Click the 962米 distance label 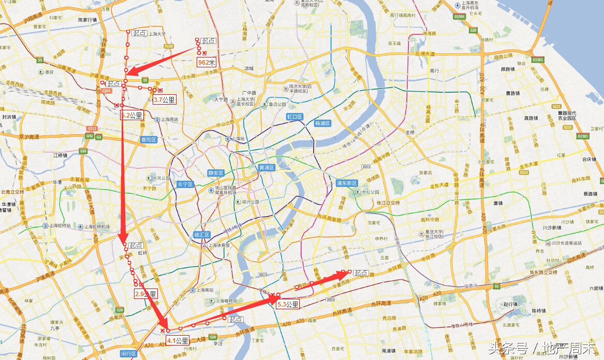coord(206,62)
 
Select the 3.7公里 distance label coord(165,100)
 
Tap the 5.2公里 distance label coord(132,116)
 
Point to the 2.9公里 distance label coord(145,294)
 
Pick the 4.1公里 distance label coord(178,340)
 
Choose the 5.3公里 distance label coord(288,304)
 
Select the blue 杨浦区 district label coord(322,123)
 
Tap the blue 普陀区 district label coord(149,139)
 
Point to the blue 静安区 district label coord(215,173)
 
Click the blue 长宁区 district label coord(185,184)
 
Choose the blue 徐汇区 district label coord(201,235)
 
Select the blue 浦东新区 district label coord(346,183)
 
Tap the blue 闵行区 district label coord(128,354)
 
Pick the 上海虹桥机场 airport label coord(97,226)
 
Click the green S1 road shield coord(497,286)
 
